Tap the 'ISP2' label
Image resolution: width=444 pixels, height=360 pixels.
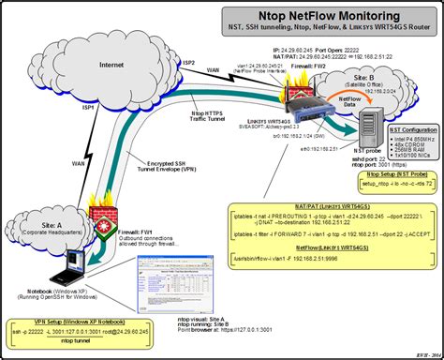(x=187, y=62)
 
